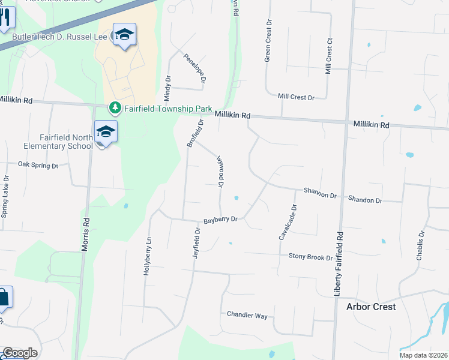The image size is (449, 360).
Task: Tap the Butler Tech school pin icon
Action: click(x=124, y=35)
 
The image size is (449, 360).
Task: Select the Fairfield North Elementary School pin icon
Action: click(x=105, y=131)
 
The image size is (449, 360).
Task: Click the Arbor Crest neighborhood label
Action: click(x=371, y=307)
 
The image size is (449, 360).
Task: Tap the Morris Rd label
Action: click(x=86, y=233)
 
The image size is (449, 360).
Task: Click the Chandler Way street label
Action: click(x=247, y=315)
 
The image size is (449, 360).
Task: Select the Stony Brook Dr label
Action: click(x=310, y=257)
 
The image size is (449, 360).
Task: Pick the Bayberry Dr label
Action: click(x=221, y=220)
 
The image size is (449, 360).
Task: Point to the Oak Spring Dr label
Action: click(x=38, y=164)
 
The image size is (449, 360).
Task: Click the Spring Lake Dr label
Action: click(x=5, y=196)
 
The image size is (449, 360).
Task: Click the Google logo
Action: click(x=20, y=353)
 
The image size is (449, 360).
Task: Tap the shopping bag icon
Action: click(x=3, y=298)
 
